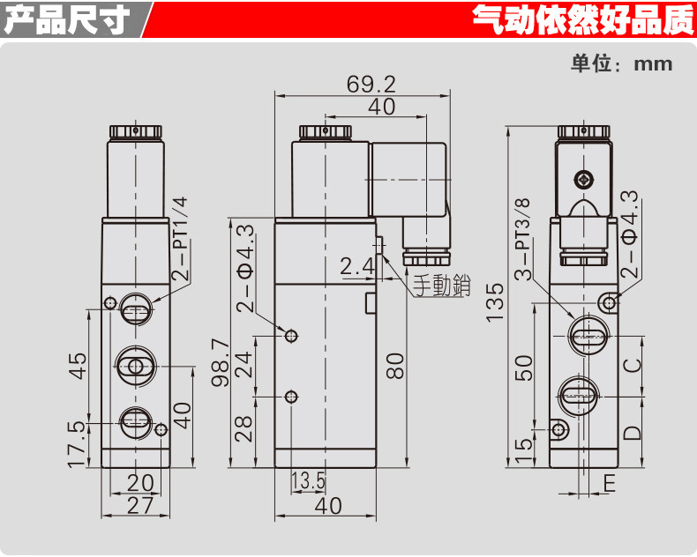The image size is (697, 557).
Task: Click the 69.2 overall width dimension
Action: coord(371,85)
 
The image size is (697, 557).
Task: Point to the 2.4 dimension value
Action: coord(357,265)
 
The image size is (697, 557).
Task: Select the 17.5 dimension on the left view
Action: coord(77,442)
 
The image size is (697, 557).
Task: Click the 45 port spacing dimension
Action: coord(77,364)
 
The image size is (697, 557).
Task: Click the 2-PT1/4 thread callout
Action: coord(179,238)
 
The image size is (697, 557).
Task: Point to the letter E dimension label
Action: coord(609,482)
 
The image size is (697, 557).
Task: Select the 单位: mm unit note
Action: coord(621,63)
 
